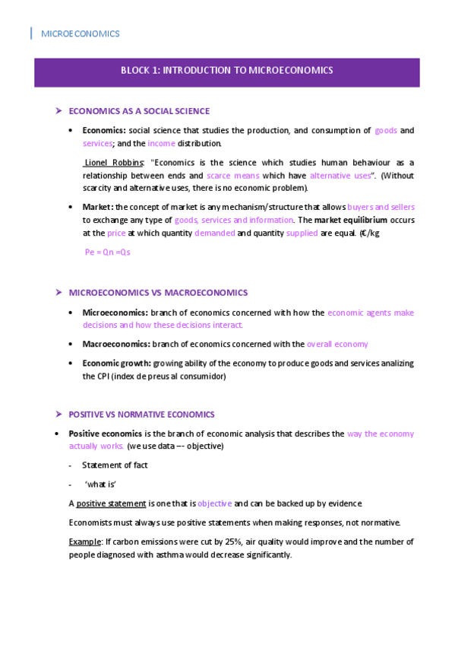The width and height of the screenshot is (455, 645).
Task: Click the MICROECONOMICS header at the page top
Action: coord(80,34)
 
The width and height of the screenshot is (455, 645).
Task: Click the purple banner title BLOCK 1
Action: coord(226,71)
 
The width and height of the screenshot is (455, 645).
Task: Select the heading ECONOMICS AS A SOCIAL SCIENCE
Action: coord(139,111)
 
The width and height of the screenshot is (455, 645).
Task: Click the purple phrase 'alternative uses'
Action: coord(340,175)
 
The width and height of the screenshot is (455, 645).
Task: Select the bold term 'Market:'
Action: coord(98,207)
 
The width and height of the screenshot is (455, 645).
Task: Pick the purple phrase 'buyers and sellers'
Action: coord(380,207)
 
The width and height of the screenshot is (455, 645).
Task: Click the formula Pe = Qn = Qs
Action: coord(107,252)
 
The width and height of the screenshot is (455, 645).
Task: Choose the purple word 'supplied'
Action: coord(302,234)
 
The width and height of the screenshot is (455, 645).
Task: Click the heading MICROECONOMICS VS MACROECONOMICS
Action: coord(158,293)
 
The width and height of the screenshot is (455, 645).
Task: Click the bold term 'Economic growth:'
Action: coord(116,364)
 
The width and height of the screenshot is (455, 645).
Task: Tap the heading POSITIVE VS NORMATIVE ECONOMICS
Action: coord(142,415)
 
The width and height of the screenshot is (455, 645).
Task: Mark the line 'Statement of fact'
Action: coord(115,465)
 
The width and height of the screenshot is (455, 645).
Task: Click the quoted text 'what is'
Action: coord(100,485)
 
